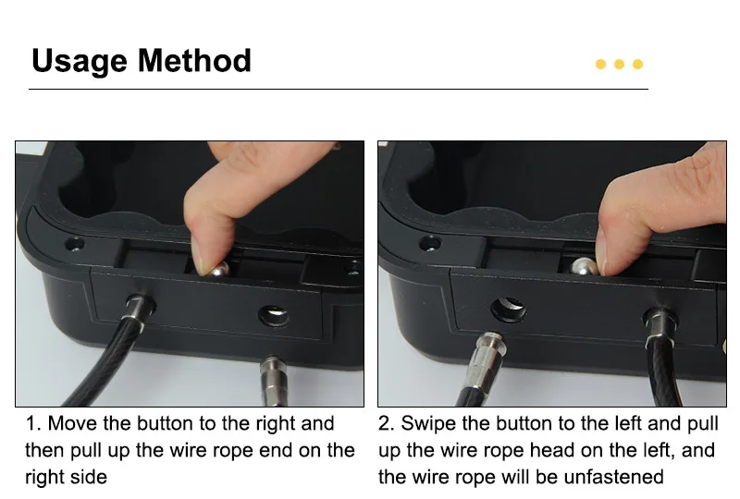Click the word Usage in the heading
pyautogui.click(x=80, y=61)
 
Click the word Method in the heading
pyautogui.click(x=194, y=60)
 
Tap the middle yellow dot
pyautogui.click(x=619, y=64)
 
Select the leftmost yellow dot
pyautogui.click(x=600, y=64)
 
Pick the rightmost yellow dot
pyautogui.click(x=637, y=64)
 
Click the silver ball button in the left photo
pyautogui.click(x=219, y=270)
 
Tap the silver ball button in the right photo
pyautogui.click(x=584, y=266)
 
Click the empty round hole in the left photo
pyautogui.click(x=274, y=315)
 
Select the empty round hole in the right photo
pyautogui.click(x=508, y=309)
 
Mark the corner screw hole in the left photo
pyautogui.click(x=74, y=245)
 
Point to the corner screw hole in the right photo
pyautogui.click(x=429, y=243)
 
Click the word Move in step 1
pyautogui.click(x=73, y=423)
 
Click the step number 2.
pyautogui.click(x=385, y=423)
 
